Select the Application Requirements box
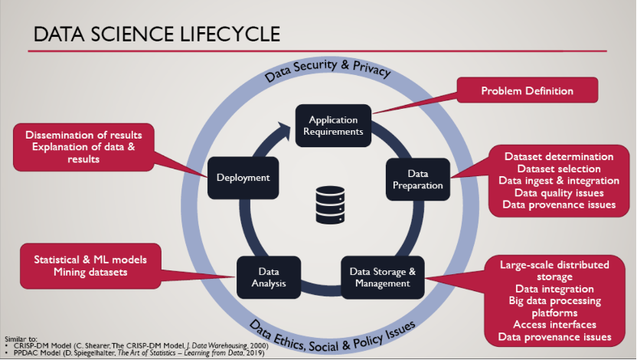334,126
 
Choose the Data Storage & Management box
382,277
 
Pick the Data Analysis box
269,277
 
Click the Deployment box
243,178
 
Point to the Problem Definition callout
527,91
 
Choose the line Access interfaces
555,325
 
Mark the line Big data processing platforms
555,306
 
